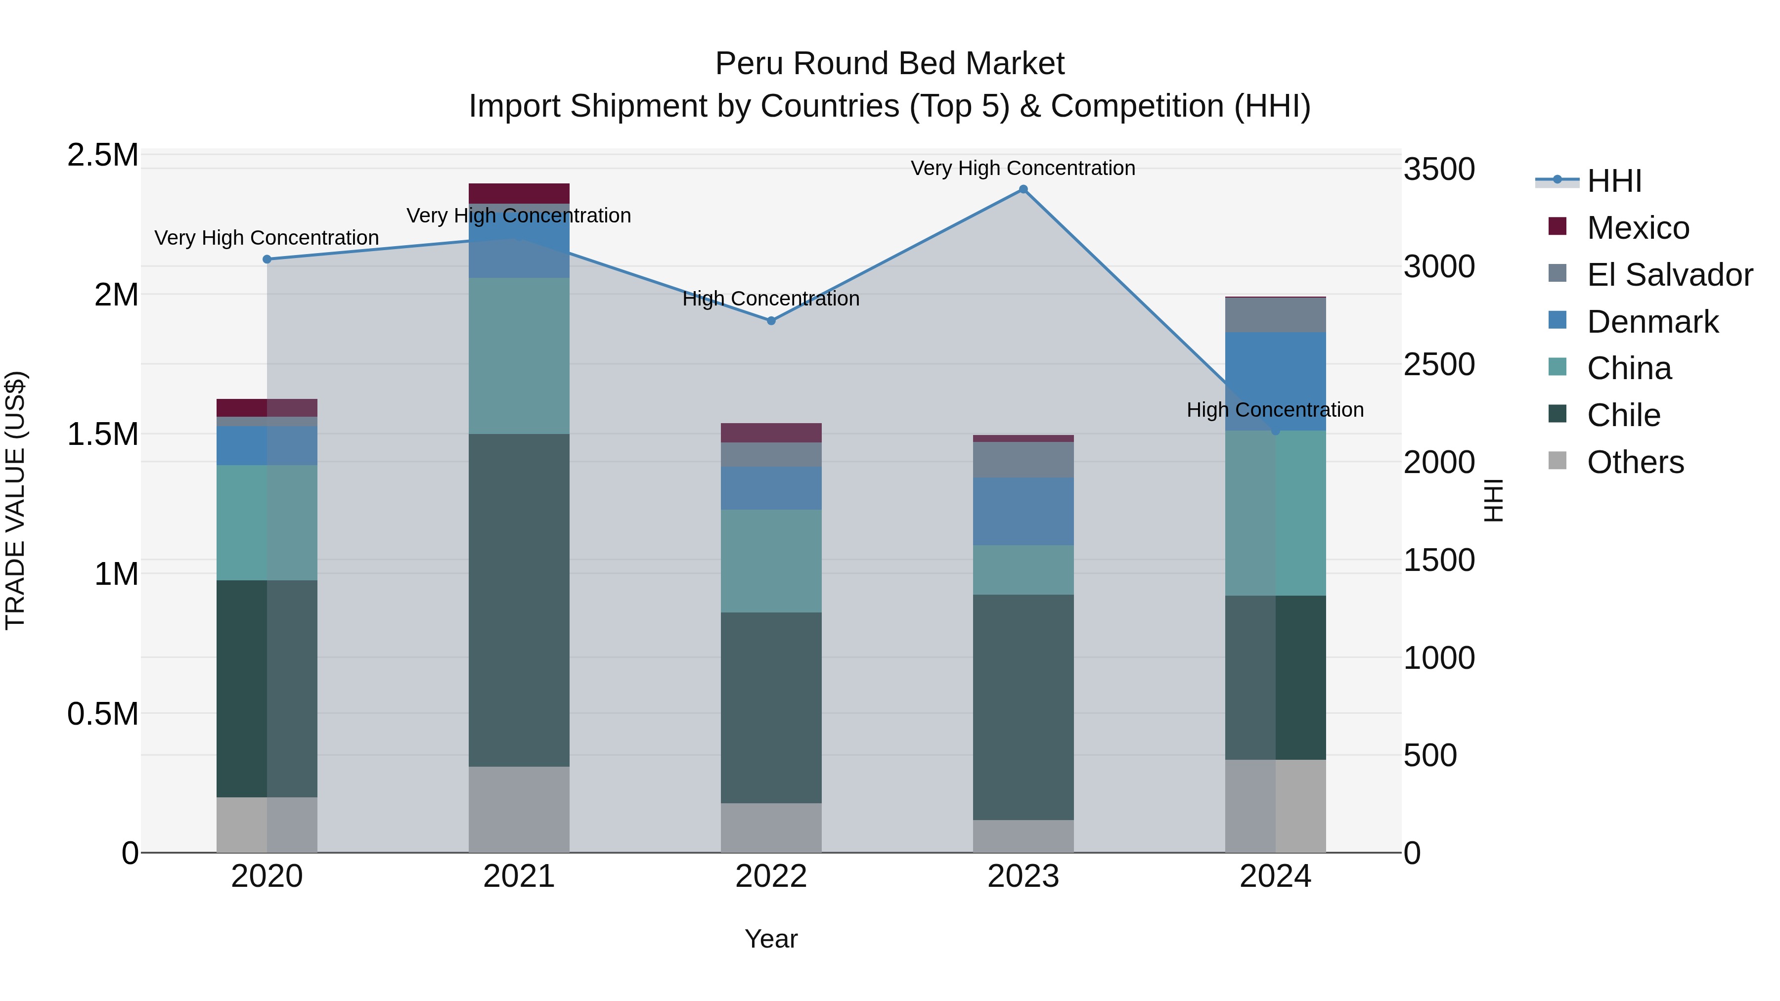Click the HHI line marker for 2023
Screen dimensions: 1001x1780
(1023, 189)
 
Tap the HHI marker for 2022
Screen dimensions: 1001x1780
(771, 320)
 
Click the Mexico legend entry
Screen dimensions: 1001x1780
(1638, 228)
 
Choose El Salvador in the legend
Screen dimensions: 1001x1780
(1669, 275)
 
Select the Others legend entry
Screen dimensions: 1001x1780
(1635, 462)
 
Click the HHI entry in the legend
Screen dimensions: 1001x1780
(1614, 181)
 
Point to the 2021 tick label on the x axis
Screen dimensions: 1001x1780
(519, 876)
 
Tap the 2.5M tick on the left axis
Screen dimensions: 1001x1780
(103, 155)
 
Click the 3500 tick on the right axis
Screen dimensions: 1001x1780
(1439, 169)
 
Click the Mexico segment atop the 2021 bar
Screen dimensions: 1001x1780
(519, 193)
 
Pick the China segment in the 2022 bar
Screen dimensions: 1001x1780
(771, 561)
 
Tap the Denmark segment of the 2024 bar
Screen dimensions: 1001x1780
(1276, 381)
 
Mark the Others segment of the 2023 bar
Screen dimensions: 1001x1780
(1023, 836)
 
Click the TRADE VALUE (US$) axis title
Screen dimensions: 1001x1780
(15, 501)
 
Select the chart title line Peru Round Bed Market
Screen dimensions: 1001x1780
(890, 64)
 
